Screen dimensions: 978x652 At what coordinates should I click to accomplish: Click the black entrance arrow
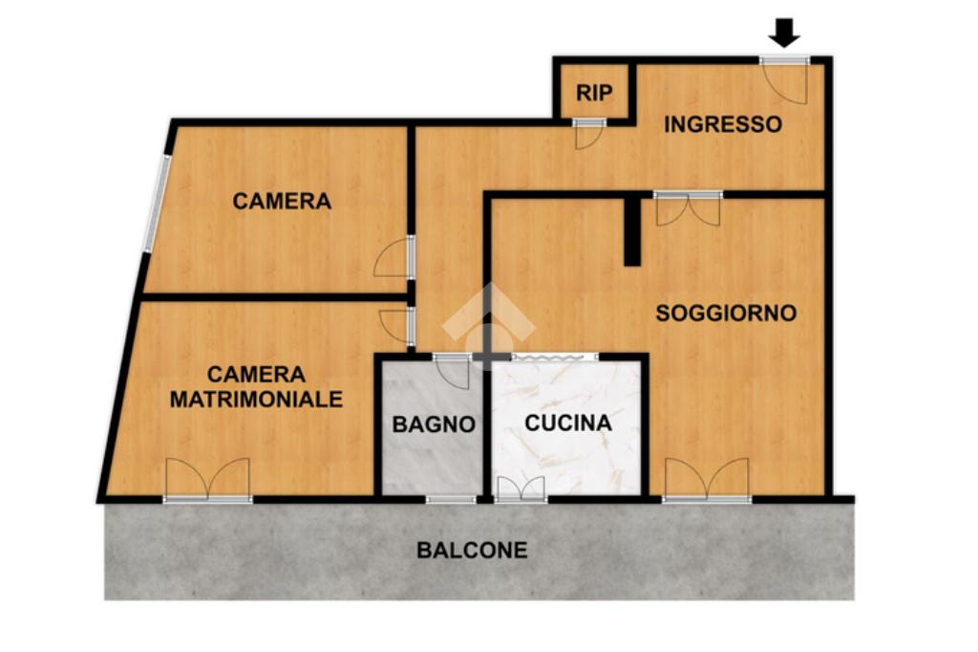coord(784,33)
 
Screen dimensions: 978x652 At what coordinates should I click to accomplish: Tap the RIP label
coord(594,93)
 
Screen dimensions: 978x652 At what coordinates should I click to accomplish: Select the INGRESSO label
coord(722,124)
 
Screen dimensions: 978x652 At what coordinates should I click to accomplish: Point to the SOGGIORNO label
coord(726,313)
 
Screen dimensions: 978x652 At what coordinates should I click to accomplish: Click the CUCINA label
coord(568,423)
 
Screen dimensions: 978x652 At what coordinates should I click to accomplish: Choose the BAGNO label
coord(434,424)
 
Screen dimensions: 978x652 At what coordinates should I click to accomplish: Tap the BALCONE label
coord(472,551)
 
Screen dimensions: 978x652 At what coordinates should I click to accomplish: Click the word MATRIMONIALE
coord(256,399)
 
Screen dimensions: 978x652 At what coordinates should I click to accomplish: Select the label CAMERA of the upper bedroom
coord(282,201)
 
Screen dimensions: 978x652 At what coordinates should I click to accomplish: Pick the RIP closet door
coord(588,133)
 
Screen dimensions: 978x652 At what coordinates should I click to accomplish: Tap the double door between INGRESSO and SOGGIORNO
coord(688,209)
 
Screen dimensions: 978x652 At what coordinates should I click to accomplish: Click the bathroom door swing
coord(452,372)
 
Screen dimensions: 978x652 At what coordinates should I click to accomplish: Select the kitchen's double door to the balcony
coord(521,489)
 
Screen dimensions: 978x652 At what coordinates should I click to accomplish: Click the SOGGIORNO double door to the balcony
coord(707,480)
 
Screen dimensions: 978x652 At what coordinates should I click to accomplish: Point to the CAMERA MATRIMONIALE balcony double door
coord(207,480)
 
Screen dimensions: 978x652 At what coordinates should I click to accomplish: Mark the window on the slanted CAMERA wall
coord(157,203)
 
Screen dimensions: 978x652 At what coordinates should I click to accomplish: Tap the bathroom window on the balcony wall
coord(451,499)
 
